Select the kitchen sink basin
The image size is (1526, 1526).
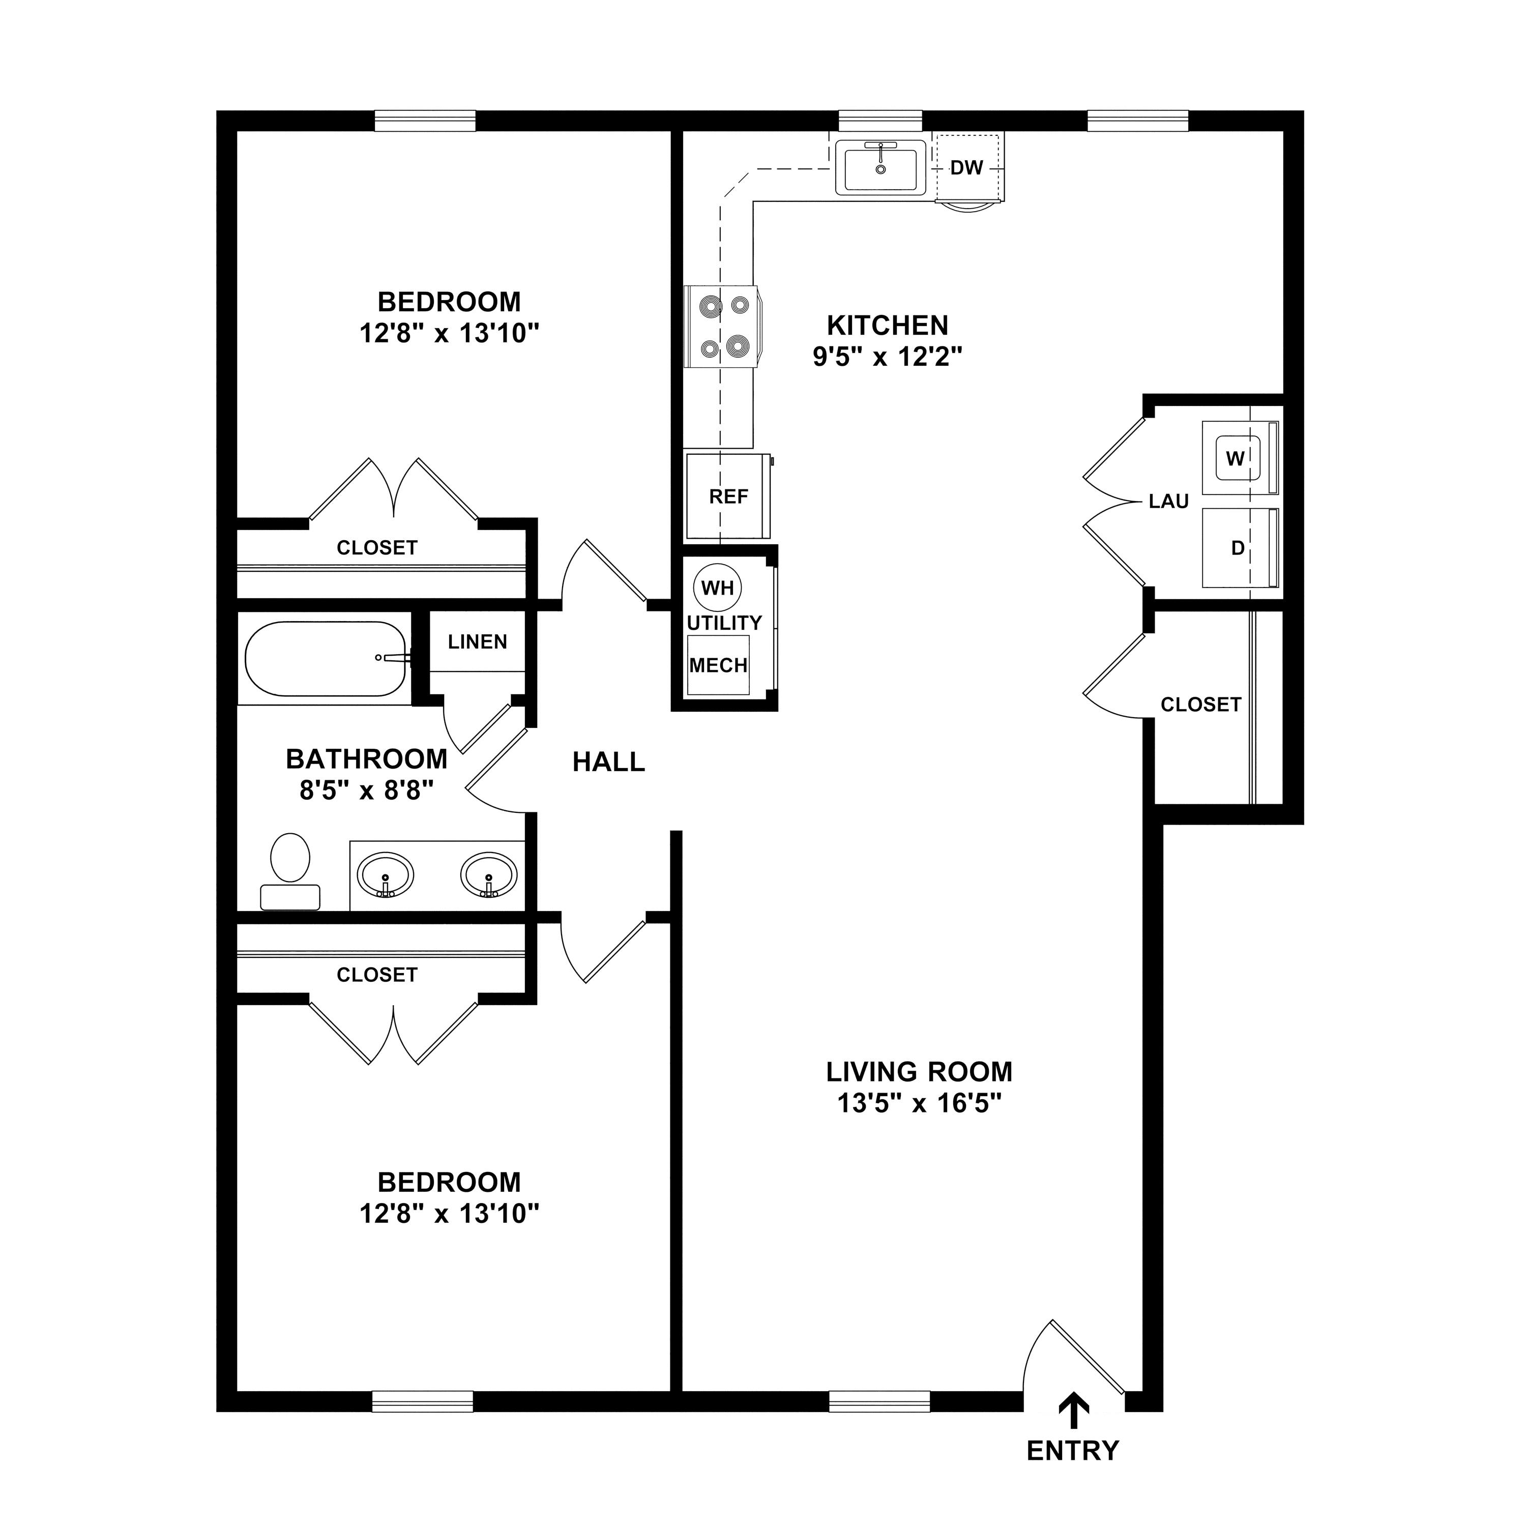click(880, 167)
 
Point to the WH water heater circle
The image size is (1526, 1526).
click(717, 588)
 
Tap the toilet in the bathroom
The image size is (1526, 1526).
click(290, 870)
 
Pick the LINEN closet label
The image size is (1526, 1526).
click(477, 642)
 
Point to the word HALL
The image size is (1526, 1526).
click(608, 762)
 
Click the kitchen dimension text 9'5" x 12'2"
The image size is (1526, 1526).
click(888, 357)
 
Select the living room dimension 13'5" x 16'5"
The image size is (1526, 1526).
click(919, 1103)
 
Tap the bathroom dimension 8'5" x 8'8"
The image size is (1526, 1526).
click(366, 790)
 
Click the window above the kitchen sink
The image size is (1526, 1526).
click(880, 121)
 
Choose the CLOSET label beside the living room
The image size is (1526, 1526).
click(1200, 705)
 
